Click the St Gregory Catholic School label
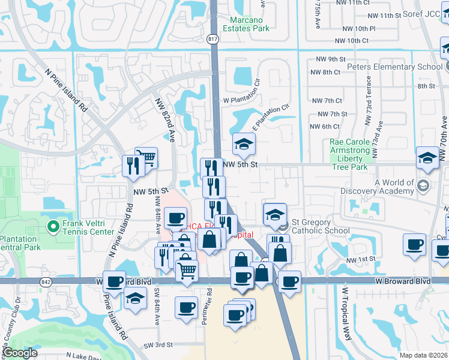click(x=320, y=226)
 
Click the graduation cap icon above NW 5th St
click(x=244, y=144)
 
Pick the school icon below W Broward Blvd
click(x=136, y=299)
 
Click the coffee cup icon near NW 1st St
click(x=414, y=245)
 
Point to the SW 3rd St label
click(x=158, y=345)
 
